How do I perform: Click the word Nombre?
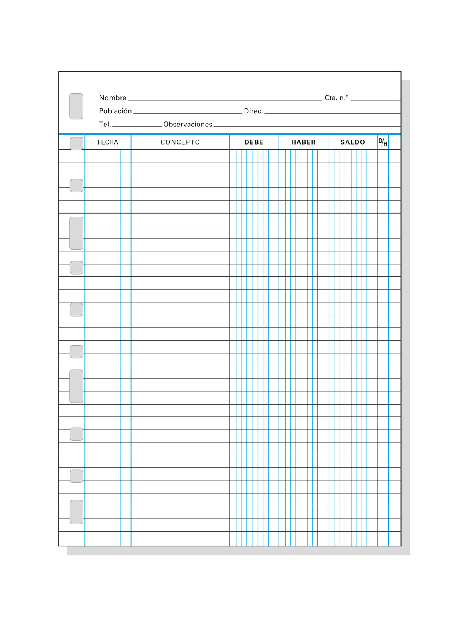point(113,98)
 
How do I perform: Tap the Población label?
point(115,111)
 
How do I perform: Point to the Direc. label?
point(253,111)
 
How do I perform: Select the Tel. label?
point(105,124)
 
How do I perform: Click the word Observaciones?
point(188,124)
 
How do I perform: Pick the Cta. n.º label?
point(336,98)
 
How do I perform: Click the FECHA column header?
point(108,142)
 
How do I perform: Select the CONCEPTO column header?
point(180,142)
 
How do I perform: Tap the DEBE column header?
point(254,142)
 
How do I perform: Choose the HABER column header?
point(303,142)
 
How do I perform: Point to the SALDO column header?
point(353,142)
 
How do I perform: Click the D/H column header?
point(383,142)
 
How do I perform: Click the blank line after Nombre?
point(225,99)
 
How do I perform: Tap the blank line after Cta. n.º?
point(375,99)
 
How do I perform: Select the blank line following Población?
point(188,113)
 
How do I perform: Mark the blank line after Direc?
point(332,113)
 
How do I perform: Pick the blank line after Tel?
point(137,126)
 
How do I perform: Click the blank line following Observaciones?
point(307,126)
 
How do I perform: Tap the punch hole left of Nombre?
point(76,106)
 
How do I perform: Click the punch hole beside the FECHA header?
point(76,143)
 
